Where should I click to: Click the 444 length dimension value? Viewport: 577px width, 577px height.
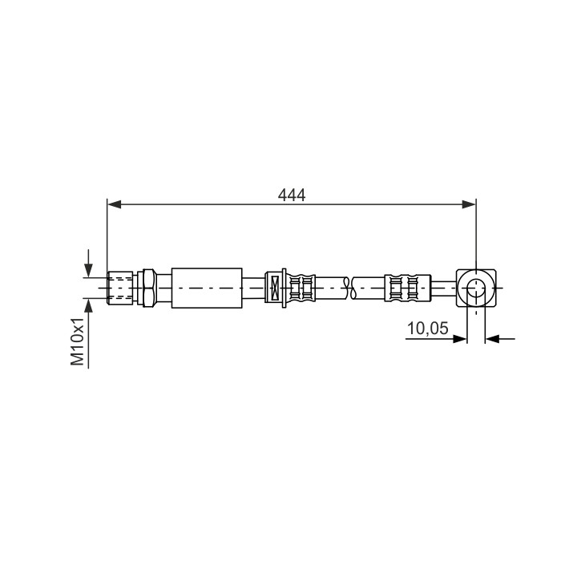coord(292,195)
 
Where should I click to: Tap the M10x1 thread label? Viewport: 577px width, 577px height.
coord(78,341)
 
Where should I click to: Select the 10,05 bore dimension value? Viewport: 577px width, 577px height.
coord(428,328)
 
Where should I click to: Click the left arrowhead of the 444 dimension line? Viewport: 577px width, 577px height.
coord(114,204)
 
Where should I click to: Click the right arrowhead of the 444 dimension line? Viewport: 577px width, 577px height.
coord(469,204)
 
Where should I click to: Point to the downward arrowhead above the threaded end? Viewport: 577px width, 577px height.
coord(88,271)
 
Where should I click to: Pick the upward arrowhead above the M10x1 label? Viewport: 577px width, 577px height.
coord(88,305)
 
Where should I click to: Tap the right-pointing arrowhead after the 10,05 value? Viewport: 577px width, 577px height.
coord(460,338)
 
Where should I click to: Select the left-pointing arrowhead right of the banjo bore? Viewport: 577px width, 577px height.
coord(492,338)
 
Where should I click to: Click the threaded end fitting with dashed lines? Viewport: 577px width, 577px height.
coord(120,288)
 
